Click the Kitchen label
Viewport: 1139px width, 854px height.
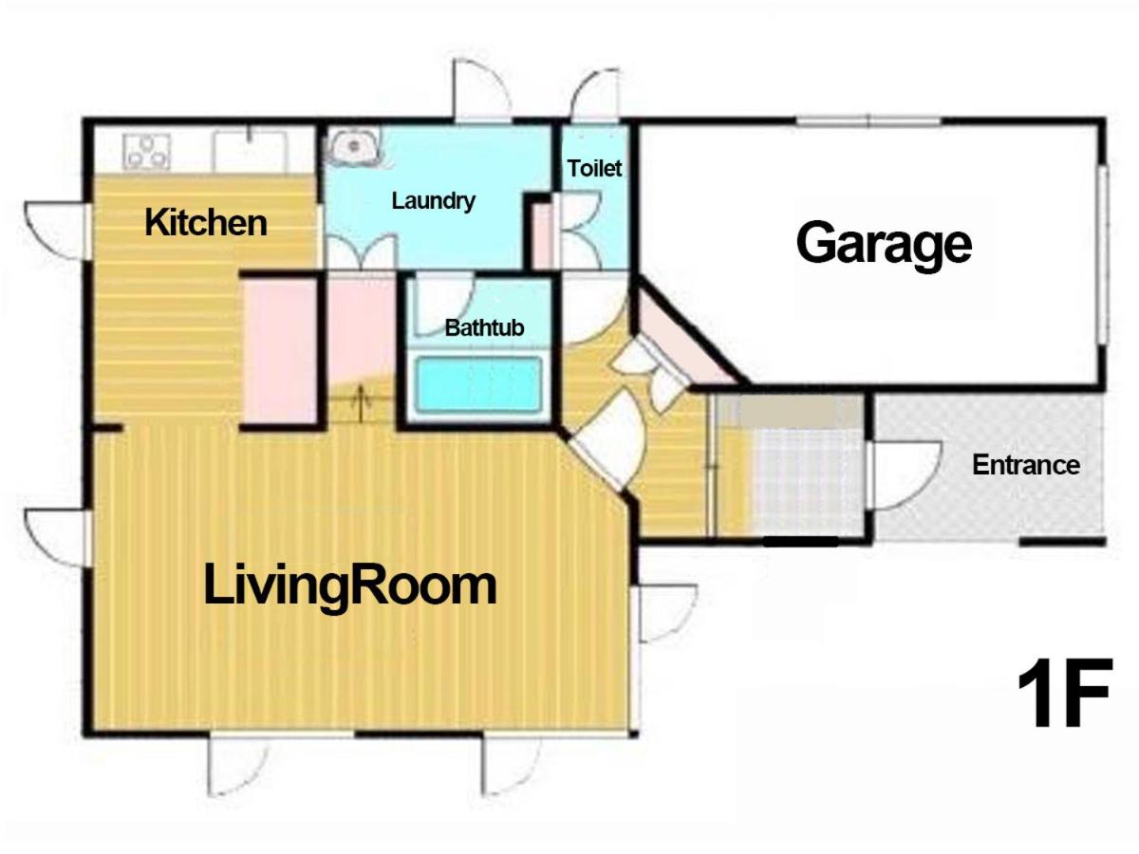pyautogui.click(x=205, y=223)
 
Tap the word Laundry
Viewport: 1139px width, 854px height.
pyautogui.click(x=433, y=201)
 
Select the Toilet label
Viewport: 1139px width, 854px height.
pyautogui.click(x=594, y=169)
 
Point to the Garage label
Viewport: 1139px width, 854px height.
pyautogui.click(x=884, y=244)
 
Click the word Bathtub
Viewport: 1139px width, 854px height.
pyautogui.click(x=485, y=327)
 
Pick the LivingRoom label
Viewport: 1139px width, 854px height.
pyautogui.click(x=350, y=586)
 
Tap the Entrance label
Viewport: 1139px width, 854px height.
pyautogui.click(x=1026, y=465)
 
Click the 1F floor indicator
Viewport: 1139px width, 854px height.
pyautogui.click(x=1065, y=693)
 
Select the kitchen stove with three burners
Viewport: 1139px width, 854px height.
pyautogui.click(x=147, y=152)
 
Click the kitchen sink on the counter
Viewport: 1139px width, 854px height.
pyautogui.click(x=250, y=152)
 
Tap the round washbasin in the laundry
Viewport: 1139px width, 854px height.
pyautogui.click(x=354, y=146)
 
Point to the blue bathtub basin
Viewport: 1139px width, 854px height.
pyautogui.click(x=477, y=384)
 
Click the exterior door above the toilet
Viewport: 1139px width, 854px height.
pyautogui.click(x=596, y=95)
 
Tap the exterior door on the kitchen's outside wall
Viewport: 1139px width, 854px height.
pyautogui.click(x=58, y=231)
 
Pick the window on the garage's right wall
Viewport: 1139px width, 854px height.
pyautogui.click(x=1102, y=254)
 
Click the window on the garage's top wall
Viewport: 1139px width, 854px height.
pyautogui.click(x=868, y=121)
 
